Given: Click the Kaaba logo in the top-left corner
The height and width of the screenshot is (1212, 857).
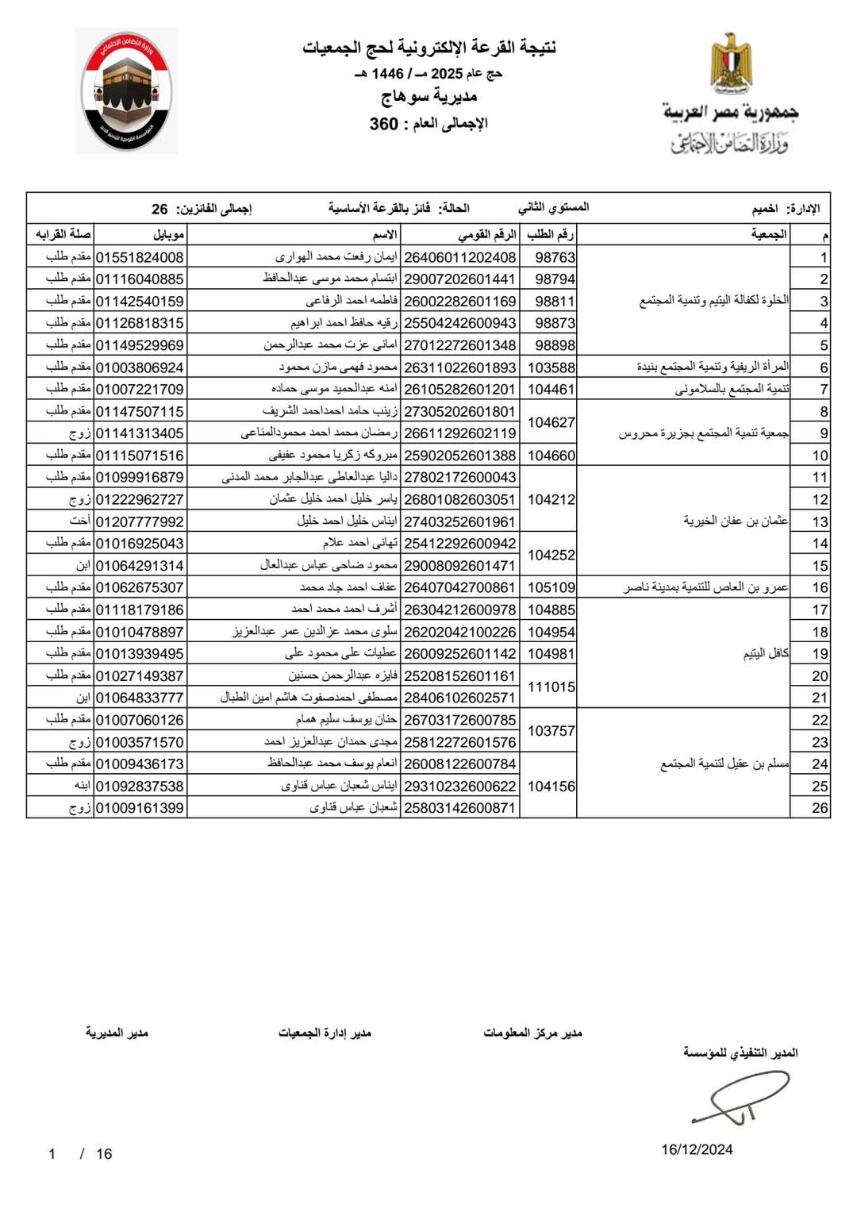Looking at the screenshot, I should [x=125, y=90].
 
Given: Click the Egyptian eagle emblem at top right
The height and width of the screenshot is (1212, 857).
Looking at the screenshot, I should [x=730, y=62].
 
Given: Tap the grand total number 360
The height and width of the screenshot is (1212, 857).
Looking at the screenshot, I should [x=383, y=124].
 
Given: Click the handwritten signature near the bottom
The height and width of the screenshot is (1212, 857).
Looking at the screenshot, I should [x=742, y=1097].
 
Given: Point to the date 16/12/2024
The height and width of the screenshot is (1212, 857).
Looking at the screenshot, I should [x=697, y=1149].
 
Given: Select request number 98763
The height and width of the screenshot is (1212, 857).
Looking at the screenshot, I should [x=555, y=257].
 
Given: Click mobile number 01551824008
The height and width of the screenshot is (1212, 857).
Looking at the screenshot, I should [x=140, y=257].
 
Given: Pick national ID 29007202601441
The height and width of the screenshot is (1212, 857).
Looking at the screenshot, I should [x=460, y=279].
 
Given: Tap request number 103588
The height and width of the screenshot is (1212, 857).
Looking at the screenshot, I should [x=551, y=367].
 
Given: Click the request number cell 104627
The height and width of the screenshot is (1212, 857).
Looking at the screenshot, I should [x=551, y=422].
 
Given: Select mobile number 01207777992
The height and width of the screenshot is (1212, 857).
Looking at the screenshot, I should [x=140, y=521].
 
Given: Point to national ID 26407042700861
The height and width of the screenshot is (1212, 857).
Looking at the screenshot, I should [x=460, y=588].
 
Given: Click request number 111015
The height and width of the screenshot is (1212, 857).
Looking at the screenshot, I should [x=551, y=687].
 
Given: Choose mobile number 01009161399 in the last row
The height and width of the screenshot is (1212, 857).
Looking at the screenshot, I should [x=140, y=808].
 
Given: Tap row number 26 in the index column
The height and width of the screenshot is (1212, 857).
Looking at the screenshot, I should [x=820, y=808].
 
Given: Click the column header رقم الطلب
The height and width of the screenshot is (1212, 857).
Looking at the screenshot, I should [x=550, y=234].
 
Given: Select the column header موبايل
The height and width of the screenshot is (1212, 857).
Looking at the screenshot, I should [x=169, y=234].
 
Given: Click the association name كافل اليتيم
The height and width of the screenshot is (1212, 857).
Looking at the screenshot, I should [x=766, y=653].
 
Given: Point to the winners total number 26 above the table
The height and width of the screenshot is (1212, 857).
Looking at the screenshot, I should [x=159, y=209].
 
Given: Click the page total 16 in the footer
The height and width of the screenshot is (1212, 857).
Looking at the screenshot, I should [x=104, y=1154].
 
